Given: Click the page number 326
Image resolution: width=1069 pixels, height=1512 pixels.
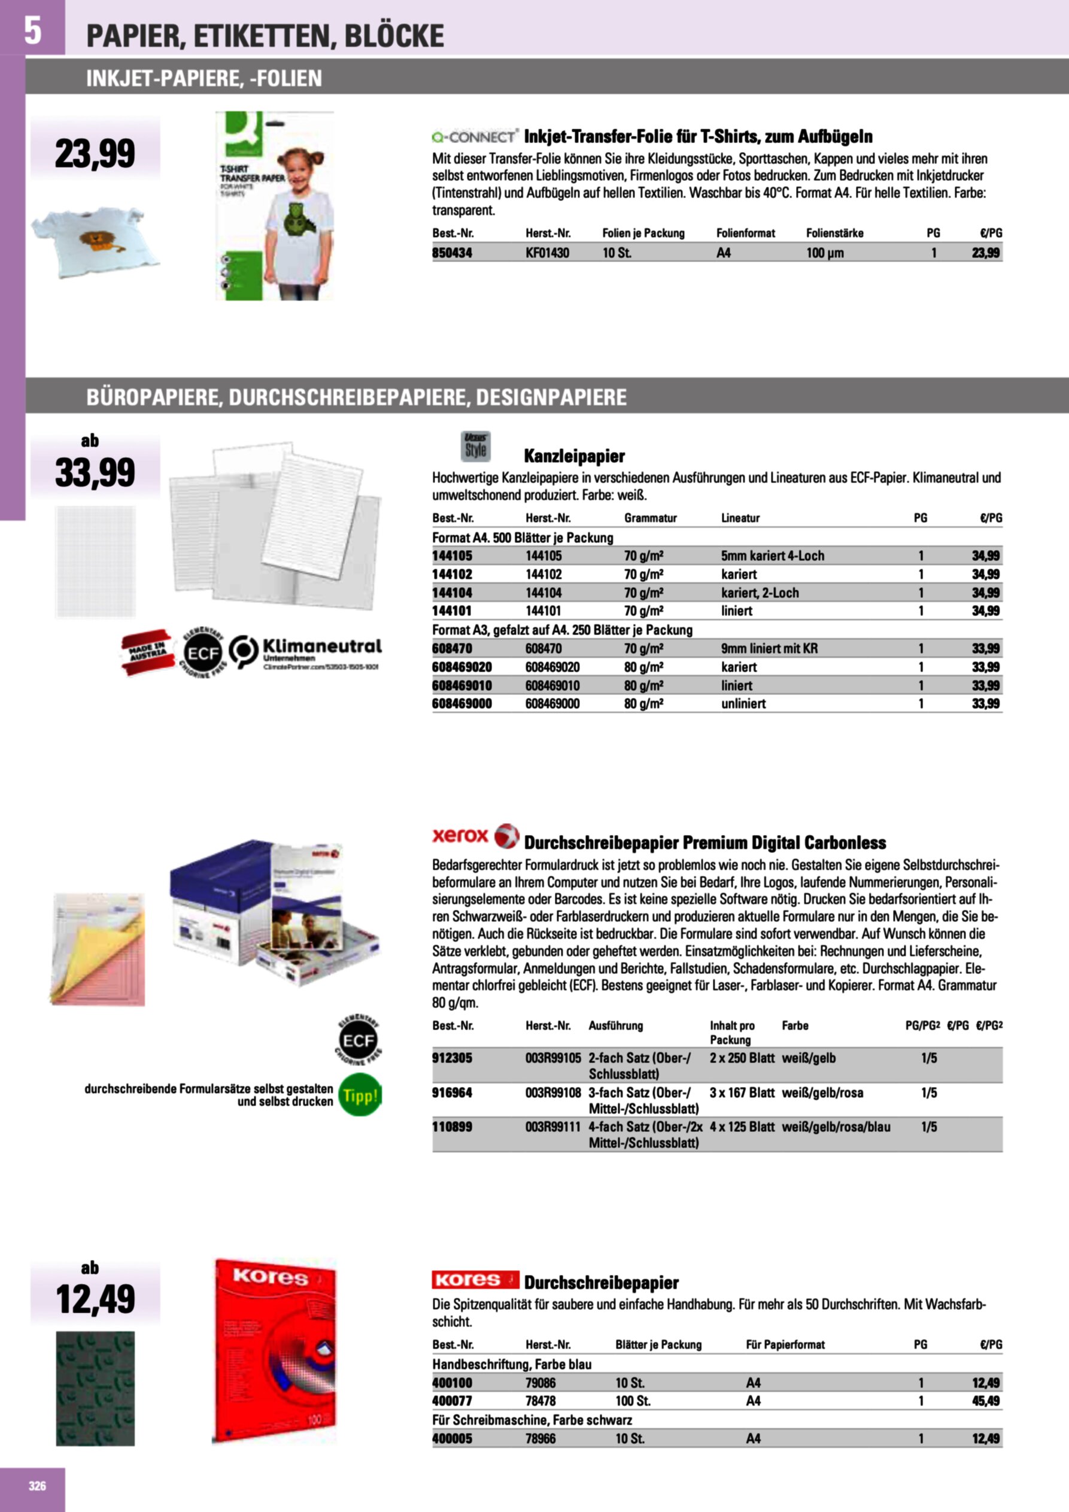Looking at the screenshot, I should point(38,1486).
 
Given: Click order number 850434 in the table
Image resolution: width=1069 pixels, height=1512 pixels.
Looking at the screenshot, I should point(452,253).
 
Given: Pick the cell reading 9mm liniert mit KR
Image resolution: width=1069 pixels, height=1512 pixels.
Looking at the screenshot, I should point(769,649).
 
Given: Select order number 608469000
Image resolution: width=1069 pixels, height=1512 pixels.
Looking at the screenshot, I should point(461,704).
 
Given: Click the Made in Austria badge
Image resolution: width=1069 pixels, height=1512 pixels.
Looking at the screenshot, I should point(147,652).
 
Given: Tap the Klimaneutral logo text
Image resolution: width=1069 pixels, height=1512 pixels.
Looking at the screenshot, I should point(321,646).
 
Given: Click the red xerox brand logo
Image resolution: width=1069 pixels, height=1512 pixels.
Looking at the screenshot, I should point(460,836).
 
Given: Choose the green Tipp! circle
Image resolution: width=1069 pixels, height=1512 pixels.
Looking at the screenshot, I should point(360,1096).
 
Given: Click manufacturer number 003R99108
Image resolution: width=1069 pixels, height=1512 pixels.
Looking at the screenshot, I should point(553,1092).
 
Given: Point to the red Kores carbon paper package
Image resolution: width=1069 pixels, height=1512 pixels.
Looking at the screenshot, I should point(275,1349).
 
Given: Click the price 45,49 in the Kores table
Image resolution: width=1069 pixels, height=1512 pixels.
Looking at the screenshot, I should point(985,1401).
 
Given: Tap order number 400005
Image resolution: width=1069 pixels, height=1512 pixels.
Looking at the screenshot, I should point(452,1439).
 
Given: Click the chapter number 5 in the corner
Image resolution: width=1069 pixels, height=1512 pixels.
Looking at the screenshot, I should point(32,30).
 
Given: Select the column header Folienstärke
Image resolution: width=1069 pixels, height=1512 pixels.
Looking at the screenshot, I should point(834,233).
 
